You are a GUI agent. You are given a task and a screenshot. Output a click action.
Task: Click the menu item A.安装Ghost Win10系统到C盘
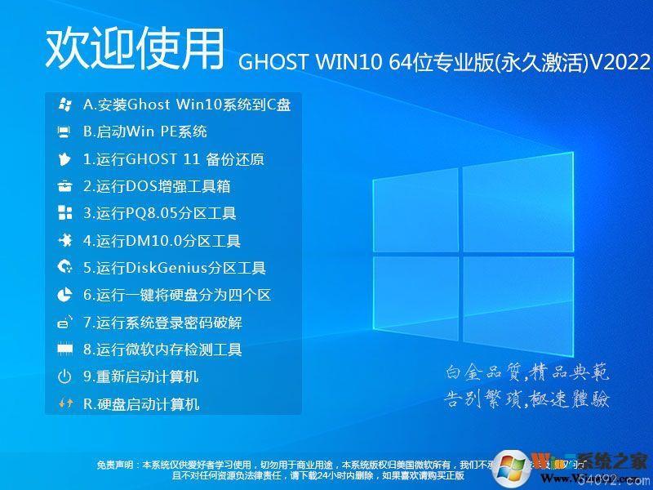coord(187,105)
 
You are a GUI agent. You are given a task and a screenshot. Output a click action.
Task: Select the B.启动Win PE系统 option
coord(145,131)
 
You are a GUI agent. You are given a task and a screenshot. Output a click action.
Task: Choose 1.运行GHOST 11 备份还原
coord(174,159)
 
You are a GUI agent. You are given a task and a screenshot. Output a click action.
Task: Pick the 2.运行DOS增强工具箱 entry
coord(157,186)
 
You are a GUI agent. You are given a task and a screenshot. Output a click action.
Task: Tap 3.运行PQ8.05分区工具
coord(160,214)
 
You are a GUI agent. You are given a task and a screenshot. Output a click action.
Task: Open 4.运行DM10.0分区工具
coord(162,241)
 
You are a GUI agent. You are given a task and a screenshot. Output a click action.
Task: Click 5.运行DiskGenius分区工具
coord(175,268)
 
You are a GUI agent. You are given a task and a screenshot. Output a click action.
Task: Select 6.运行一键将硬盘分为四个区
coord(176,295)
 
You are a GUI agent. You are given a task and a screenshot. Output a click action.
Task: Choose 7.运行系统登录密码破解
coord(162,323)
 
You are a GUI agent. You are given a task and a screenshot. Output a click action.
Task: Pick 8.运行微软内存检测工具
coord(162,350)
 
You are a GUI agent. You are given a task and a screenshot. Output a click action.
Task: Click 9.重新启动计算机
coord(140,376)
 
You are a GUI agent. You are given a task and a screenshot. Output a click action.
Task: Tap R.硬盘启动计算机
coord(141,403)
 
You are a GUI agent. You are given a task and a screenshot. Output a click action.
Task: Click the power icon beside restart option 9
coord(64,376)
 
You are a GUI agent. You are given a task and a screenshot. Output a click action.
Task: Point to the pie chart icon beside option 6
coord(64,295)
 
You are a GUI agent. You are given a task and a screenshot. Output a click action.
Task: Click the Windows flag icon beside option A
coord(64,105)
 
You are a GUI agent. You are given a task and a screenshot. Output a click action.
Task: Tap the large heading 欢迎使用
coord(135,49)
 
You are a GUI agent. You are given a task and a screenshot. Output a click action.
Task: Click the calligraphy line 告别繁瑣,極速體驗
coord(527,399)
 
